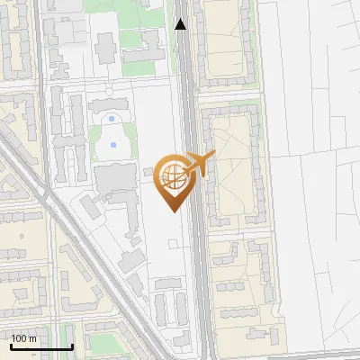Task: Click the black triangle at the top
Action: coord(181,24)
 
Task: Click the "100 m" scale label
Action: coord(23,338)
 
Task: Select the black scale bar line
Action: coord(41,347)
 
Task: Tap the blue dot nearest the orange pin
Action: coord(113,144)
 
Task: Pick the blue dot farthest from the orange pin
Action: coord(111,118)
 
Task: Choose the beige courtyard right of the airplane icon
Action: coord(231,171)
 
